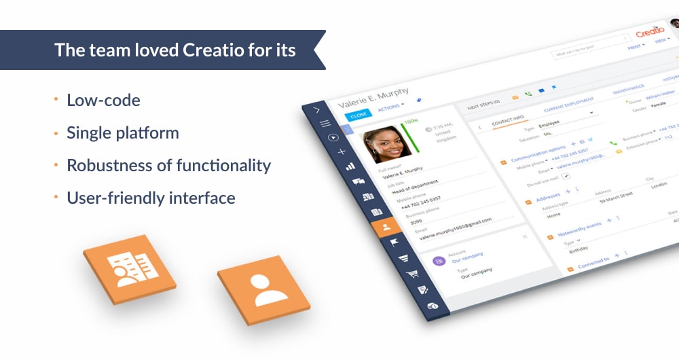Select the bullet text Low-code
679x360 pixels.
coord(103,101)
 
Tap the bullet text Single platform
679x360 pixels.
coord(122,133)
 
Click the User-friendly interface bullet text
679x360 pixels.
coord(151,198)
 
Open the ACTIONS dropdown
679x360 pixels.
coord(389,107)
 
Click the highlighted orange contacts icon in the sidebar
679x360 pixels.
coord(386,227)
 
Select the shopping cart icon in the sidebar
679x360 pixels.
coord(411,274)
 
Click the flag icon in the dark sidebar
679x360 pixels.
coord(394,242)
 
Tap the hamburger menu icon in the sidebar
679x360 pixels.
coord(325,124)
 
